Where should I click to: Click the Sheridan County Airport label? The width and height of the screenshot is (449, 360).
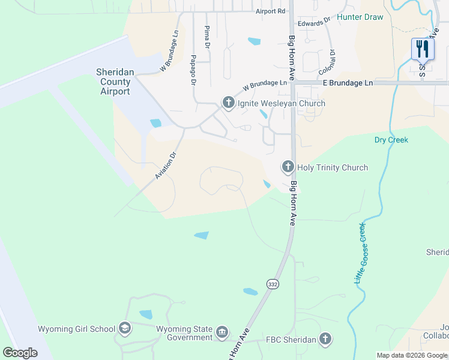(x=113, y=82)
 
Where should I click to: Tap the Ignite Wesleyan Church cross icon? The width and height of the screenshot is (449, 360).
(x=228, y=103)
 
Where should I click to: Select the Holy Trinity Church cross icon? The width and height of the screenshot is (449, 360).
(x=288, y=167)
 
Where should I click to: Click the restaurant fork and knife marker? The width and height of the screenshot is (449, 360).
(x=423, y=49)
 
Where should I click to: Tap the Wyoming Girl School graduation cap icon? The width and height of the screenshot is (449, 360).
(x=124, y=328)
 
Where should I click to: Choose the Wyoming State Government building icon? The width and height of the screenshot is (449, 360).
(x=222, y=332)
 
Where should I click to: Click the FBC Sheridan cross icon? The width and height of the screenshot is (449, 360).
(x=325, y=340)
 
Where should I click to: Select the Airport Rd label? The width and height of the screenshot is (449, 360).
(x=270, y=11)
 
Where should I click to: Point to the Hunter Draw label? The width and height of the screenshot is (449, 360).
(x=360, y=17)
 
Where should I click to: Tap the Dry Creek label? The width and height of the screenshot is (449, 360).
(x=391, y=140)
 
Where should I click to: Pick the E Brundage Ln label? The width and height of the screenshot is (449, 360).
(x=348, y=83)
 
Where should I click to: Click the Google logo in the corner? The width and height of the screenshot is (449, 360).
(x=20, y=353)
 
